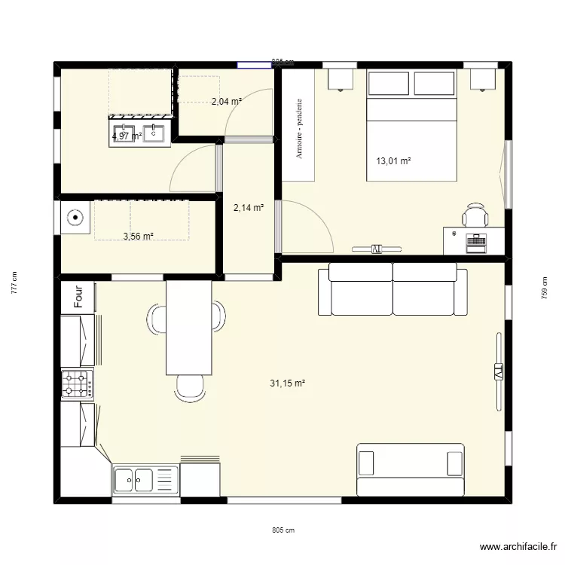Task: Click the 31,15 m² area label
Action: click(x=287, y=383)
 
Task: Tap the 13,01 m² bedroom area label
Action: click(x=393, y=161)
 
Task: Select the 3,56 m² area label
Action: click(x=138, y=236)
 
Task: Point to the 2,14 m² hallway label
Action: click(x=248, y=208)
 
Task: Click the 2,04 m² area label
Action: click(x=226, y=102)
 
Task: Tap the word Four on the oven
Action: click(x=78, y=296)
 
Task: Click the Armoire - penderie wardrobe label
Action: click(x=299, y=127)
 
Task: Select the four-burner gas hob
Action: click(x=78, y=383)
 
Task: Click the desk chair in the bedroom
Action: click(x=475, y=215)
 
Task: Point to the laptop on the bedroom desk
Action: click(x=475, y=241)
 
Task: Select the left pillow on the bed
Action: click(x=389, y=84)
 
